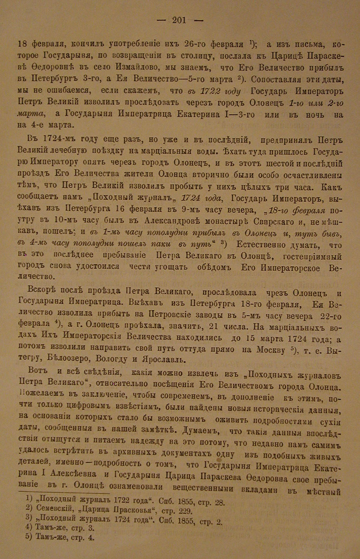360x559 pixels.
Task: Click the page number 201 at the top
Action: point(179,20)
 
